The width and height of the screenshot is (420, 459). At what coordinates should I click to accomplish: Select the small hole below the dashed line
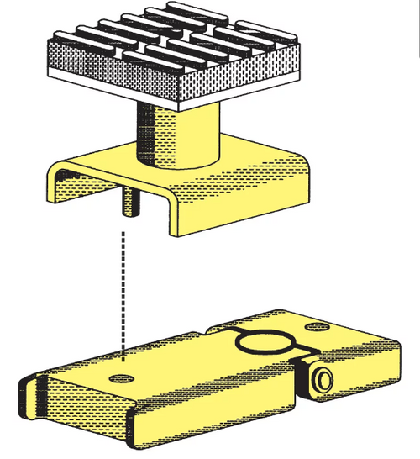point(124,370)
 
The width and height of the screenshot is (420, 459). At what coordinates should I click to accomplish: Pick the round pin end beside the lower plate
point(320,381)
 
